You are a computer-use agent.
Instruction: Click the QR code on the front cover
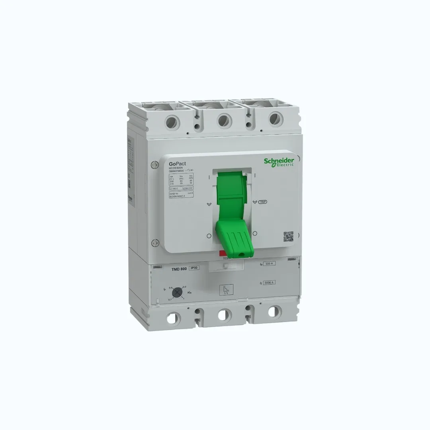288,236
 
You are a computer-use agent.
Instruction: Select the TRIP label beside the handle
263,202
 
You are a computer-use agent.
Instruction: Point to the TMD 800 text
179,269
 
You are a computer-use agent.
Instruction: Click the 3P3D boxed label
193,269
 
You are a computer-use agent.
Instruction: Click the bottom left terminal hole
174,318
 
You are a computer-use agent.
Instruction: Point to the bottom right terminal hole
273,311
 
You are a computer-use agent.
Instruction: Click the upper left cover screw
154,164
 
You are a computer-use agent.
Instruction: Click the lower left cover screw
154,242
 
